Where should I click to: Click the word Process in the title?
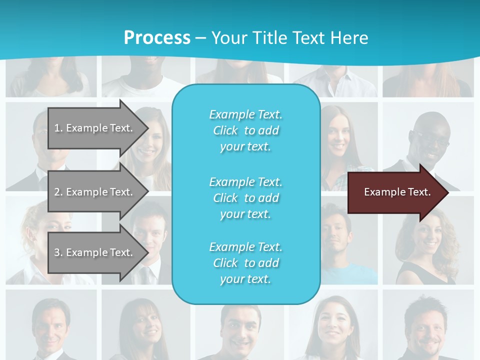(157, 38)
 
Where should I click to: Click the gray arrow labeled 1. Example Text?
(97, 128)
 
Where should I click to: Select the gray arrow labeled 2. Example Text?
(97, 192)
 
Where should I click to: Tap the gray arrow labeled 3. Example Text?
(97, 252)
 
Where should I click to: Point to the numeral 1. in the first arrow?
(58, 128)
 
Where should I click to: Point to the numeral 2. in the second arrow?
(58, 192)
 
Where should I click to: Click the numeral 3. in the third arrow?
(58, 252)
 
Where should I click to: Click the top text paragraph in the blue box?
(245, 130)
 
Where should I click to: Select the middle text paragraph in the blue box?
(245, 198)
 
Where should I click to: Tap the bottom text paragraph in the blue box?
(245, 263)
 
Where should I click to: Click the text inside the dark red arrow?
(397, 192)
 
